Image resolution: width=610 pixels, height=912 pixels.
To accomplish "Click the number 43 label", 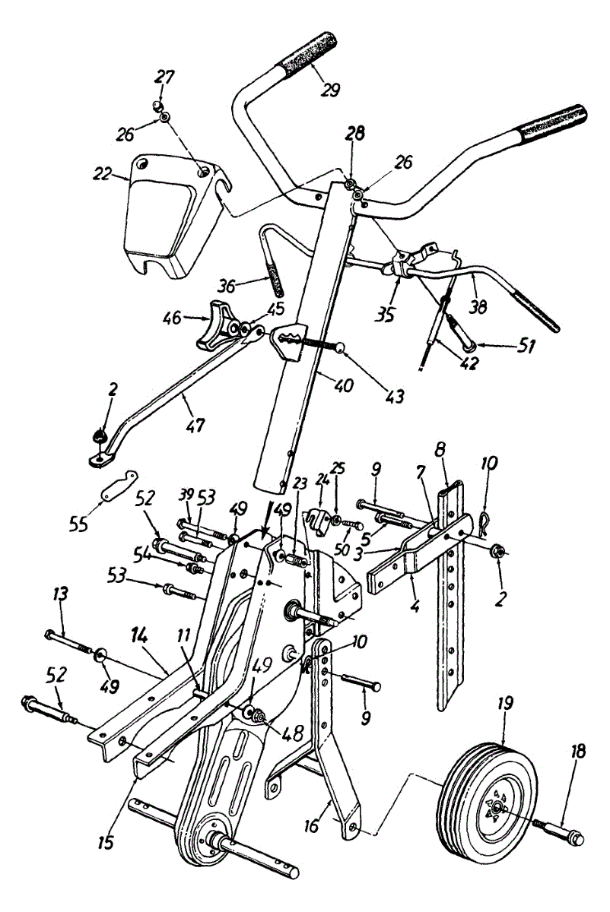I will click(x=394, y=397).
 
